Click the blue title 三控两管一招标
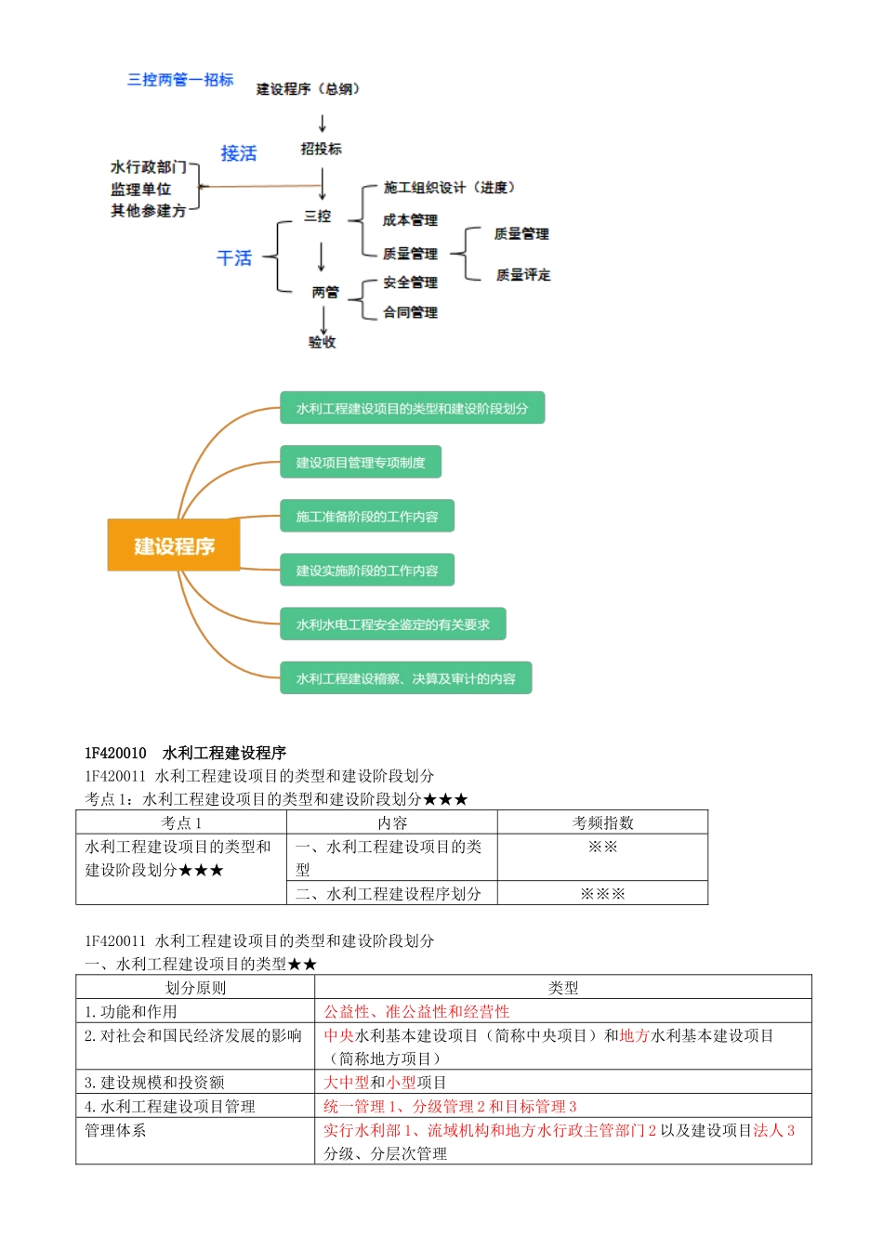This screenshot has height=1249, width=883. pyautogui.click(x=180, y=80)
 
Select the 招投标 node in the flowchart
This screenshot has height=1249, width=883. pyautogui.click(x=321, y=149)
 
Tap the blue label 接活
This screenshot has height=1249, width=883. pyautogui.click(x=238, y=153)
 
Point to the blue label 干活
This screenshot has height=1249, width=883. pyautogui.click(x=234, y=257)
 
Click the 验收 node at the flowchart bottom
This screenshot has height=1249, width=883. pyautogui.click(x=323, y=342)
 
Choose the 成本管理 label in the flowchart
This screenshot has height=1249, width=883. pyautogui.click(x=410, y=220)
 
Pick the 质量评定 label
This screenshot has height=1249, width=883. pyautogui.click(x=522, y=275)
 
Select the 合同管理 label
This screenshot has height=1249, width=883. pyautogui.click(x=410, y=312)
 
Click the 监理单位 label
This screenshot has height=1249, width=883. pyautogui.click(x=141, y=189)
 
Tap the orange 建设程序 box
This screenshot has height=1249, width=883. pyautogui.click(x=174, y=546)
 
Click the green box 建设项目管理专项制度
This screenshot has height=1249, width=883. pyautogui.click(x=361, y=462)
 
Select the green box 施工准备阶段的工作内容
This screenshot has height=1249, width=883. pyautogui.click(x=367, y=516)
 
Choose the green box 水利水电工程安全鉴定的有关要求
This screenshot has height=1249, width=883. pyautogui.click(x=393, y=624)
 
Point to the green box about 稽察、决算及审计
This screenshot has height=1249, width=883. pyautogui.click(x=406, y=678)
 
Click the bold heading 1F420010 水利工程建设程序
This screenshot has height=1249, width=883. pyautogui.click(x=185, y=753)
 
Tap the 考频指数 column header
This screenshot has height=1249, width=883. pyautogui.click(x=602, y=822)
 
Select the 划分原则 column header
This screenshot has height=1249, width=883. pyautogui.click(x=195, y=988)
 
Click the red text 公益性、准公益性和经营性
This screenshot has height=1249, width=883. pyautogui.click(x=416, y=1011)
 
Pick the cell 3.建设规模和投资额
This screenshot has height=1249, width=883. pyautogui.click(x=154, y=1082)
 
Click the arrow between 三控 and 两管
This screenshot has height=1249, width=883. pyautogui.click(x=322, y=256)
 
